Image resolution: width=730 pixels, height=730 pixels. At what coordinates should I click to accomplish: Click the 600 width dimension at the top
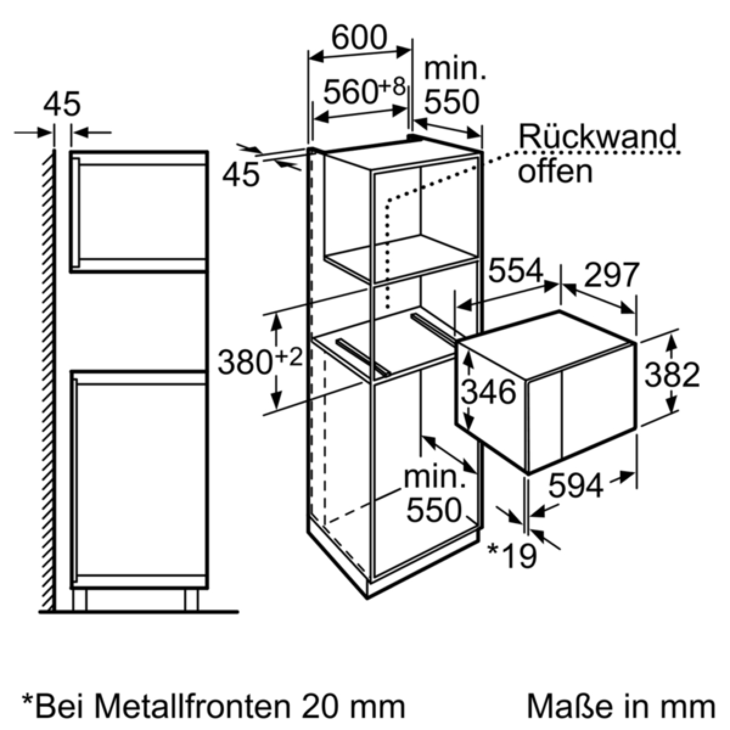pyautogui.click(x=360, y=38)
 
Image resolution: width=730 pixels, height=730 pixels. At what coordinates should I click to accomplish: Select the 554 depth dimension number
pyautogui.click(x=516, y=271)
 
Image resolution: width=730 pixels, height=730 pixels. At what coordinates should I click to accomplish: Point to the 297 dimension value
pyautogui.click(x=612, y=274)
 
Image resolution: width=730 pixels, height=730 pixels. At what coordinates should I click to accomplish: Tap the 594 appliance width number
pyautogui.click(x=576, y=485)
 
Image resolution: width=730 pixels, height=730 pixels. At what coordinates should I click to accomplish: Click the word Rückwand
pyautogui.click(x=597, y=136)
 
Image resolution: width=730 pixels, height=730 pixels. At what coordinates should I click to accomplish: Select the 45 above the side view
pyautogui.click(x=62, y=103)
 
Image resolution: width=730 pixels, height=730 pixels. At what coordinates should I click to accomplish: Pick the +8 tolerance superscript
pyautogui.click(x=392, y=86)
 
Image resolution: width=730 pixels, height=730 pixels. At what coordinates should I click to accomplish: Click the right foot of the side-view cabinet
pyautogui.click(x=191, y=600)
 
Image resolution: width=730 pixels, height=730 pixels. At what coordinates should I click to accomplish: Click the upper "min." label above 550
pyautogui.click(x=454, y=69)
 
